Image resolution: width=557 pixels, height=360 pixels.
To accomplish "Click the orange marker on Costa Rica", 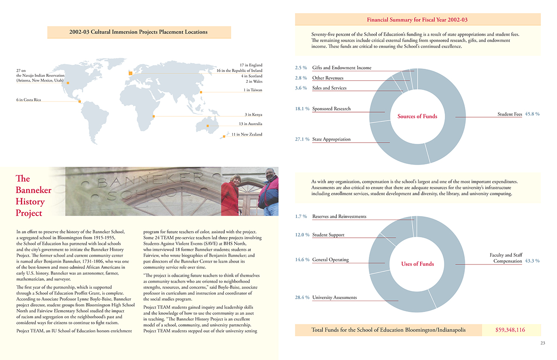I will pyautogui.click(x=79, y=101).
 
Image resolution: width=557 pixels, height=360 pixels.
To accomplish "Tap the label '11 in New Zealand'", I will pyautogui.click(x=247, y=134).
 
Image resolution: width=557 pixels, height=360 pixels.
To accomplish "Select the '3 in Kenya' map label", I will pyautogui.click(x=253, y=115).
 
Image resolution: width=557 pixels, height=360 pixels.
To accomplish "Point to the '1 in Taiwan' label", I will pyautogui.click(x=253, y=90).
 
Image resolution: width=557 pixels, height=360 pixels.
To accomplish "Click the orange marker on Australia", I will pyautogui.click(x=207, y=126).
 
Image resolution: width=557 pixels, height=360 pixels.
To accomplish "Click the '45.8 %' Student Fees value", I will pyautogui.click(x=532, y=114).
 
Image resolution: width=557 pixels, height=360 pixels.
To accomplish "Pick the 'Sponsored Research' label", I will pyautogui.click(x=331, y=109).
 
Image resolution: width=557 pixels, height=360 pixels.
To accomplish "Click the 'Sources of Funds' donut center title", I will pyautogui.click(x=417, y=116).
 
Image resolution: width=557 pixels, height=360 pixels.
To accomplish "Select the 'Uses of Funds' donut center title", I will pyautogui.click(x=417, y=264).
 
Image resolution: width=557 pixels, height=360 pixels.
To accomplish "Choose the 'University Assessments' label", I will pyautogui.click(x=334, y=298).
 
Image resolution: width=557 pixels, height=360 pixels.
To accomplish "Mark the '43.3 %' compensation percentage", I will pyautogui.click(x=532, y=261).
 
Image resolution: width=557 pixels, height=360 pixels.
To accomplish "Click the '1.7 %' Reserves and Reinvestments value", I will pyautogui.click(x=301, y=217).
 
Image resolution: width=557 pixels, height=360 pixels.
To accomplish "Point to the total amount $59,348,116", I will pyautogui.click(x=510, y=330).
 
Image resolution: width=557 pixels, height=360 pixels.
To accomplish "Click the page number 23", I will pyautogui.click(x=543, y=343).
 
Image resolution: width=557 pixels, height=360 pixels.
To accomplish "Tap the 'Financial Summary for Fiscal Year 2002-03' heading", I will pyautogui.click(x=417, y=20).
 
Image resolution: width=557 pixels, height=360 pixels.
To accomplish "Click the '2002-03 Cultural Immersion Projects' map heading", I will pyautogui.click(x=139, y=32).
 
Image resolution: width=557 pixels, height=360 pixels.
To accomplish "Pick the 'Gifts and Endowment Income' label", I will pyautogui.click(x=342, y=68).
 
